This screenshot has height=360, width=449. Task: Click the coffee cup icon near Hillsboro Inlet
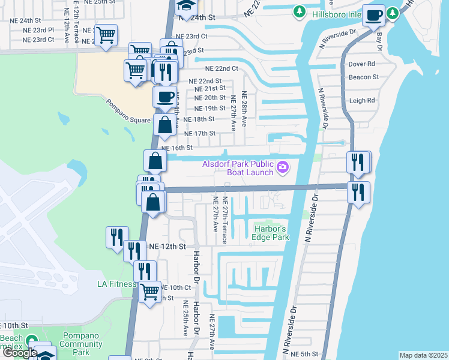point(374,15)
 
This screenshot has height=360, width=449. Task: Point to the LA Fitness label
point(118,284)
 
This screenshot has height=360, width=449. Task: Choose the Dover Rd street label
point(363,64)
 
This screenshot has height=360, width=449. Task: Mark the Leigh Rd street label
point(363,101)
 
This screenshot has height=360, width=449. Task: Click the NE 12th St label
point(169,247)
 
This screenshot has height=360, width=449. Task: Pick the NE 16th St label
point(176,147)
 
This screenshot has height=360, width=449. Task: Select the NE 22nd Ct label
point(221,69)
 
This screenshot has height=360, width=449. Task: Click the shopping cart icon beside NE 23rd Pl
point(106,35)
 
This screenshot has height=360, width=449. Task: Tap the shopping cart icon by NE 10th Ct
point(149,292)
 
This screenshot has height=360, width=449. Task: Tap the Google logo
point(20,353)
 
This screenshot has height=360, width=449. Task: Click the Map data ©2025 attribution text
point(423,355)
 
